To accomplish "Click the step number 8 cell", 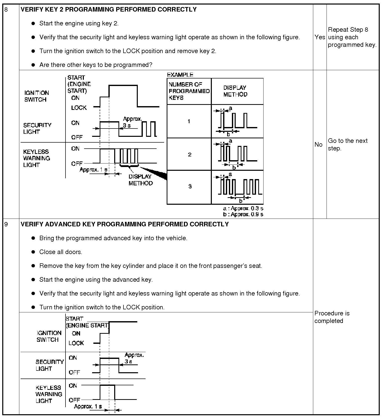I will pos(6,10).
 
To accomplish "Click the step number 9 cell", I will pos(6,224).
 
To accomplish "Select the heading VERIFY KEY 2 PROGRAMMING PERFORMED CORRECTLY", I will pos(108,10).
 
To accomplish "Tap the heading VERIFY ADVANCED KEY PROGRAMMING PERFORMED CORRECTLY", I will pos(124,224).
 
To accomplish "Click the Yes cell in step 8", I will pos(320,37).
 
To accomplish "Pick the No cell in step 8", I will pos(318,144).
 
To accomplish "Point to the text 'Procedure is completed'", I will pos(332,317).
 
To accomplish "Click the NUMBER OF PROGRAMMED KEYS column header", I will pos(189,91).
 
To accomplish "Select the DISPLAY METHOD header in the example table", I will pos(235,91).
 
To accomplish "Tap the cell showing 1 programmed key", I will pos(189,121).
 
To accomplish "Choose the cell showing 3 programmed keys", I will pos(190,186).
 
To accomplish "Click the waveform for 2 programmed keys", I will pos(237,154).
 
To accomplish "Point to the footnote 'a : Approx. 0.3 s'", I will pos(243,208).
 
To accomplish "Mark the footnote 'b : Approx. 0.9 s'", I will pos(243,214).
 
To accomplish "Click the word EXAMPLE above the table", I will pos(180,75).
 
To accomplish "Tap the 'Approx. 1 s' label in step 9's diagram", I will pos(88,406).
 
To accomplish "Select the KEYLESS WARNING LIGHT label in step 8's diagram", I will pos(37,158).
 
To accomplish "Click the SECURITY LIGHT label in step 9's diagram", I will pos(49,365).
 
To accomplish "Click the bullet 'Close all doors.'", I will pos(61,252).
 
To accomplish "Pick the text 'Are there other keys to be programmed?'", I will pos(96,65).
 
